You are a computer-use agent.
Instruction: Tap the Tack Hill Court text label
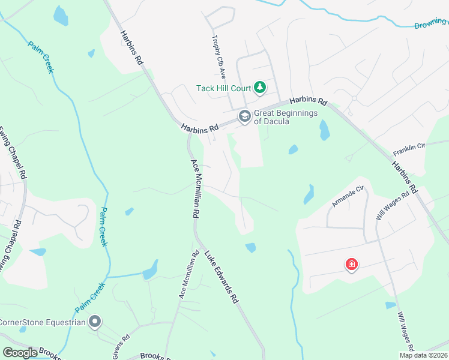223,88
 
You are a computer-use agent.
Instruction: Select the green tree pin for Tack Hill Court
259,88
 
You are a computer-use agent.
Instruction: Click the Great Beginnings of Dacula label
280,116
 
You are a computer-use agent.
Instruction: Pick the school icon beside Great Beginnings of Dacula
244,116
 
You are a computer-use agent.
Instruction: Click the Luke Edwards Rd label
223,277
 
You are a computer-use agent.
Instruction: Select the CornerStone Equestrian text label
42,322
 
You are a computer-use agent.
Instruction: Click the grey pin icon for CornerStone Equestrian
95,322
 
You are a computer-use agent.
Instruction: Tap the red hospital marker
352,264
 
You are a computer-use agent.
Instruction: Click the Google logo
20,353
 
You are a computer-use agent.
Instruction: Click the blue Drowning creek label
431,25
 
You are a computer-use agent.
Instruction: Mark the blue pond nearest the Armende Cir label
309,194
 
